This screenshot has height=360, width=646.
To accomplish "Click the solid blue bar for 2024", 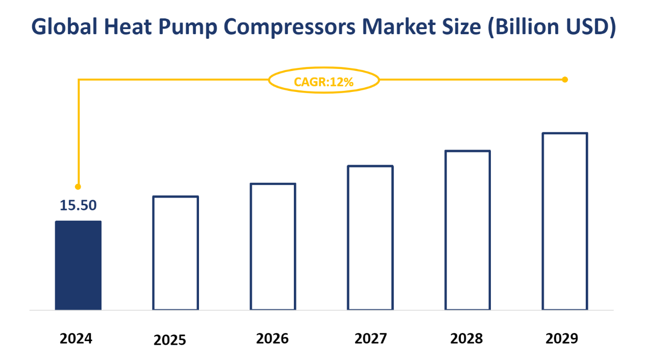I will coord(78,265).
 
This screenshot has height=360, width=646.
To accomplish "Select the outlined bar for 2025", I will coord(176,253).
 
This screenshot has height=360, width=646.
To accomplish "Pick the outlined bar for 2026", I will coord(272,247).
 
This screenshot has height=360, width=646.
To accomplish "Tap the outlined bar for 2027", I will coord(370,237).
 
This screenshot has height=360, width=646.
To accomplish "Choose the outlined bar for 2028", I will coord(467,230).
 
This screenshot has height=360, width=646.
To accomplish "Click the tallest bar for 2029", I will coord(565,221).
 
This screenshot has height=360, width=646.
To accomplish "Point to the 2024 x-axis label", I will coord(76,339).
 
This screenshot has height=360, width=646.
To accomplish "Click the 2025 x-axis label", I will coord(170,340).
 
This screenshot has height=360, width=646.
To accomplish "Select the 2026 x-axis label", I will coord(272,338).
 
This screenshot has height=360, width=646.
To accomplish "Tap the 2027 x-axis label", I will coord(370,338).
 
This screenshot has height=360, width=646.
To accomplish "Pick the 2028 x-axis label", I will coord(466,338).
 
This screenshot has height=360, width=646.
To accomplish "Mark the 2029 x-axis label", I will coord(562,338).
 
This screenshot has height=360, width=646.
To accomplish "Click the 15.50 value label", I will coord(78,205).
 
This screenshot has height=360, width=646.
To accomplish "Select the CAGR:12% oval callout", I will coord(324,80).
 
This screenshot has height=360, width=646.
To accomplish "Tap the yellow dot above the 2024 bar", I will coord(78,187).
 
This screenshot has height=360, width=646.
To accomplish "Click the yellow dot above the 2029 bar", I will coord(565,79).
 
